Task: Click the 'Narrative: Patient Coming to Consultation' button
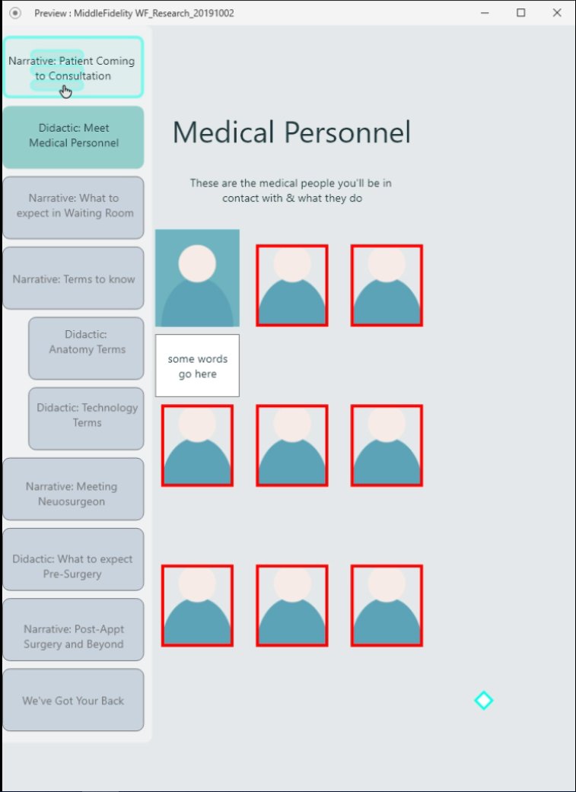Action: [x=73, y=68]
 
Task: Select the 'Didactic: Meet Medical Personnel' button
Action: [x=73, y=136]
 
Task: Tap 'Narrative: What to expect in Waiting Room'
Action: [x=73, y=206]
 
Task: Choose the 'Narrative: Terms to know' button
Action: [x=73, y=278]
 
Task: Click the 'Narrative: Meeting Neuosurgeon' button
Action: [x=73, y=494]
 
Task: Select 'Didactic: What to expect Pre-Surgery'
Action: [x=73, y=566]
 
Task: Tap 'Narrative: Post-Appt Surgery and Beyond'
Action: [x=73, y=637]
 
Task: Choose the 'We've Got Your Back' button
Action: [x=73, y=701]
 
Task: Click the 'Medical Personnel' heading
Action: [x=291, y=132]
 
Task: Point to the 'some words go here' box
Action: [x=197, y=366]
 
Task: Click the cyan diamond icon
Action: [x=483, y=701]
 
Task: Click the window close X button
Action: [x=557, y=13]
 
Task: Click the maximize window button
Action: [x=521, y=13]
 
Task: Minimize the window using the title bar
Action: [x=485, y=13]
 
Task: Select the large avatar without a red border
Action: [x=197, y=278]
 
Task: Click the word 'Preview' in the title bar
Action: [x=51, y=13]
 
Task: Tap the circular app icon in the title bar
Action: [x=15, y=13]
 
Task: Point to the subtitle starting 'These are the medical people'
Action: [x=291, y=190]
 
